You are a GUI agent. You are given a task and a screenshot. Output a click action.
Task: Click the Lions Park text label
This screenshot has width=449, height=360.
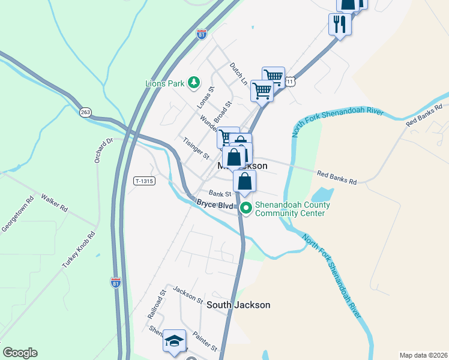click(x=164, y=83)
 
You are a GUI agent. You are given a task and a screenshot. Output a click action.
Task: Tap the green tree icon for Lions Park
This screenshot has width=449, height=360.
click(x=193, y=82)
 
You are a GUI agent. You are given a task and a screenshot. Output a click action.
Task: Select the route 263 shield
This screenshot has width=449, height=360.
click(x=85, y=112)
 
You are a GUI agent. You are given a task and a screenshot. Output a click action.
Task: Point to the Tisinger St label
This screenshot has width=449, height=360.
click(x=196, y=148)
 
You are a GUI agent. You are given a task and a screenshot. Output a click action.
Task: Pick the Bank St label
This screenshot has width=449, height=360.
click(x=220, y=194)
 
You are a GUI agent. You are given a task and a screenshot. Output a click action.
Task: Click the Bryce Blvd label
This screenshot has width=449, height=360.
click(x=214, y=204)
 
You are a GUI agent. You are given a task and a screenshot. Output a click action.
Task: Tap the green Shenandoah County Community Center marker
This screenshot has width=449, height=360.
click(x=246, y=209)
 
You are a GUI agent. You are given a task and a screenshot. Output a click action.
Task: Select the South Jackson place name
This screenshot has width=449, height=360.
click(x=238, y=305)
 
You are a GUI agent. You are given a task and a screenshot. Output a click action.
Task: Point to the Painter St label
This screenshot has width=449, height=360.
click(x=205, y=343)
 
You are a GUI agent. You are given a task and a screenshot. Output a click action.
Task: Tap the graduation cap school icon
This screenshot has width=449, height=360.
click(x=174, y=341)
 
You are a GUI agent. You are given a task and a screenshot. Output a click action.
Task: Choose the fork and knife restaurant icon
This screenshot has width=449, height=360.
click(x=340, y=23)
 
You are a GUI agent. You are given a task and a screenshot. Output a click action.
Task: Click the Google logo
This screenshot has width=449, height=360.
click(x=20, y=353)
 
